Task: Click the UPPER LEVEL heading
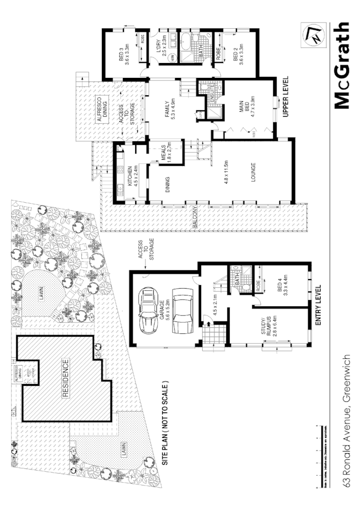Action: pyautogui.click(x=286, y=97)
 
